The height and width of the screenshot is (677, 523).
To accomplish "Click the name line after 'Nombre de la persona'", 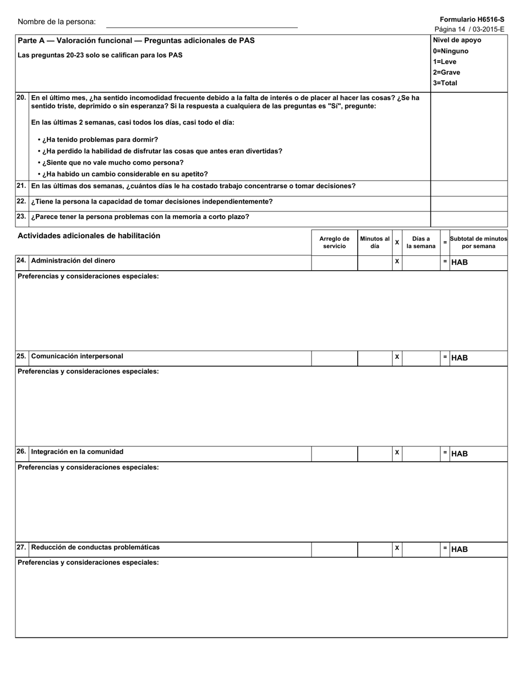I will (201, 23).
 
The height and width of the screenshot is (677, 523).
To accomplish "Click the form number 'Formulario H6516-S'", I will (472, 19).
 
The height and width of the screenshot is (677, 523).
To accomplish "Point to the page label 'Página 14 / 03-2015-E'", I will (469, 29).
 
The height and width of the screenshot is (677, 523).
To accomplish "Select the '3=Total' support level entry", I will (445, 83).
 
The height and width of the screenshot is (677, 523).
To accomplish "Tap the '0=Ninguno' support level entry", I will (450, 51).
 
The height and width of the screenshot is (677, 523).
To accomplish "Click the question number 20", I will (21, 97).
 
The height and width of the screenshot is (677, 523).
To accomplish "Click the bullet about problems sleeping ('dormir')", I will (97, 140).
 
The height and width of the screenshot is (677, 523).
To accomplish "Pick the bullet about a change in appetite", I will (122, 174).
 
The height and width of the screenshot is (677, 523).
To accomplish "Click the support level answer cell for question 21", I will (468, 186).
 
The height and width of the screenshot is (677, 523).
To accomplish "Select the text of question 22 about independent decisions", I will (151, 201).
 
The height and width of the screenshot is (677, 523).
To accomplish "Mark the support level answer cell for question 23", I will (468, 217).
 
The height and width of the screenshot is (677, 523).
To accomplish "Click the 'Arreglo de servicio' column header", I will (334, 243).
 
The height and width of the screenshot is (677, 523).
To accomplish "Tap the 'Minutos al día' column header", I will (374, 243).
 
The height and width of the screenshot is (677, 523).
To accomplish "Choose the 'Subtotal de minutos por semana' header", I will (478, 243).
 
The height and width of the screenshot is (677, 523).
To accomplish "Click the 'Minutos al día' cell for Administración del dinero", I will (374, 263).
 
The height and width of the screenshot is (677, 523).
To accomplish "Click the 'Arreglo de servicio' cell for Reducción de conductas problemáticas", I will (334, 549).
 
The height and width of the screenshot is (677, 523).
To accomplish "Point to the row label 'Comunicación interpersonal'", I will (77, 356).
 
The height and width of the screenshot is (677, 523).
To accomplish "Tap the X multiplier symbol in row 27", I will (397, 548).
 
